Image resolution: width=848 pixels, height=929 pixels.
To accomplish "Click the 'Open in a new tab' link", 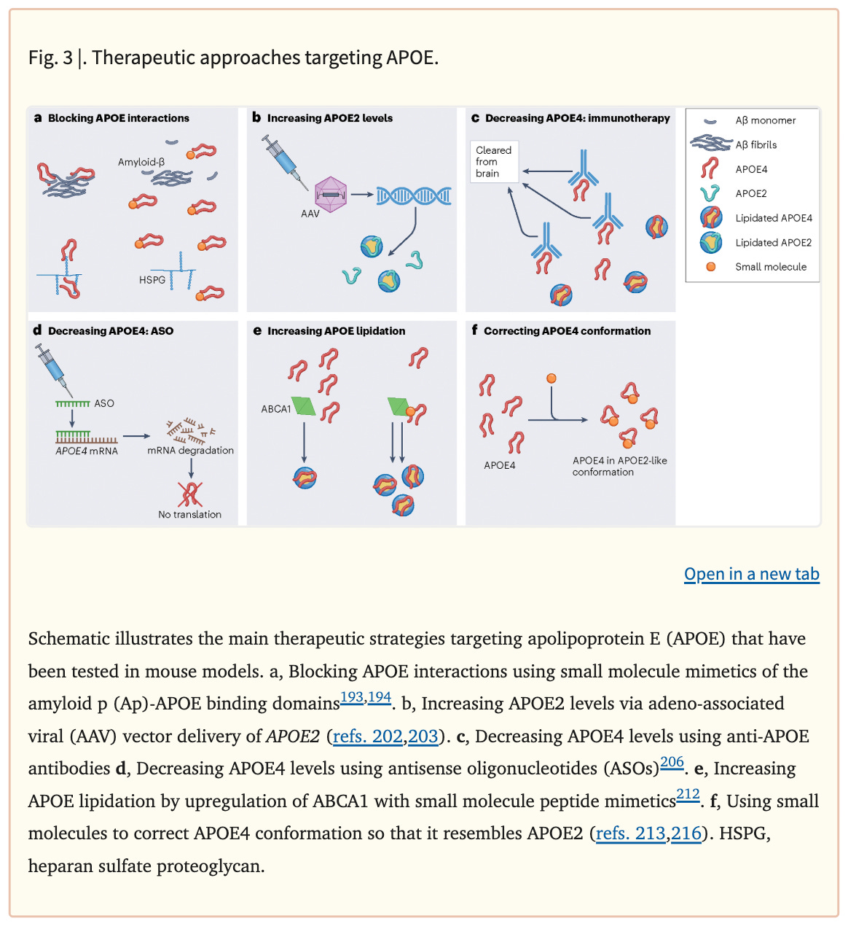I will click(751, 575).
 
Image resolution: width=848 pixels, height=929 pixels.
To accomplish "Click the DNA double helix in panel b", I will click(414, 195).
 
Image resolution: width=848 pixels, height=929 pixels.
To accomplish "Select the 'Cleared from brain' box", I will click(494, 161).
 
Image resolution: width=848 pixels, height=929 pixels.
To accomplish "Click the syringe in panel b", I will click(285, 160).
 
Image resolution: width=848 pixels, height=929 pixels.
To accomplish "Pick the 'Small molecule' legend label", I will click(770, 267).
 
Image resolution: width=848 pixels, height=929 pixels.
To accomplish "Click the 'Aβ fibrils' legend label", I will click(755, 145).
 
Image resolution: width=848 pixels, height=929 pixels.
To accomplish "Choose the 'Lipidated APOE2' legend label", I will click(773, 243).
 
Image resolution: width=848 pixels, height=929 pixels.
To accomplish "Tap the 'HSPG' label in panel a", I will click(152, 279).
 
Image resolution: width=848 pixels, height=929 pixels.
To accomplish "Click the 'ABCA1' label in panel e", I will click(276, 409).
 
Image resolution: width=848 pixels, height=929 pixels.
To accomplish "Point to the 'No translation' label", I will click(189, 514).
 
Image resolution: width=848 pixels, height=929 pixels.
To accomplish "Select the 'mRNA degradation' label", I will click(190, 451).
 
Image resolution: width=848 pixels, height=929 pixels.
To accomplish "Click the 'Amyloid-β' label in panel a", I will click(141, 162).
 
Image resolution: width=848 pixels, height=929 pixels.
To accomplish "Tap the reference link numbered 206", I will click(672, 763).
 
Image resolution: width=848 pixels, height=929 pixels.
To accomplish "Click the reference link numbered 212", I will click(688, 795).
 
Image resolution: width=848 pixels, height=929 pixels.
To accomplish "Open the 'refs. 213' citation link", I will click(630, 833).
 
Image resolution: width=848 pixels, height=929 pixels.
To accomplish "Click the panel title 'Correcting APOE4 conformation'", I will click(567, 331).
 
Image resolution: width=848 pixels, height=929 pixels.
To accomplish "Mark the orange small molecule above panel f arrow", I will click(551, 378).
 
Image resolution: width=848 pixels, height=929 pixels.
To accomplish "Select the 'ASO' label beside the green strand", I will click(104, 403).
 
